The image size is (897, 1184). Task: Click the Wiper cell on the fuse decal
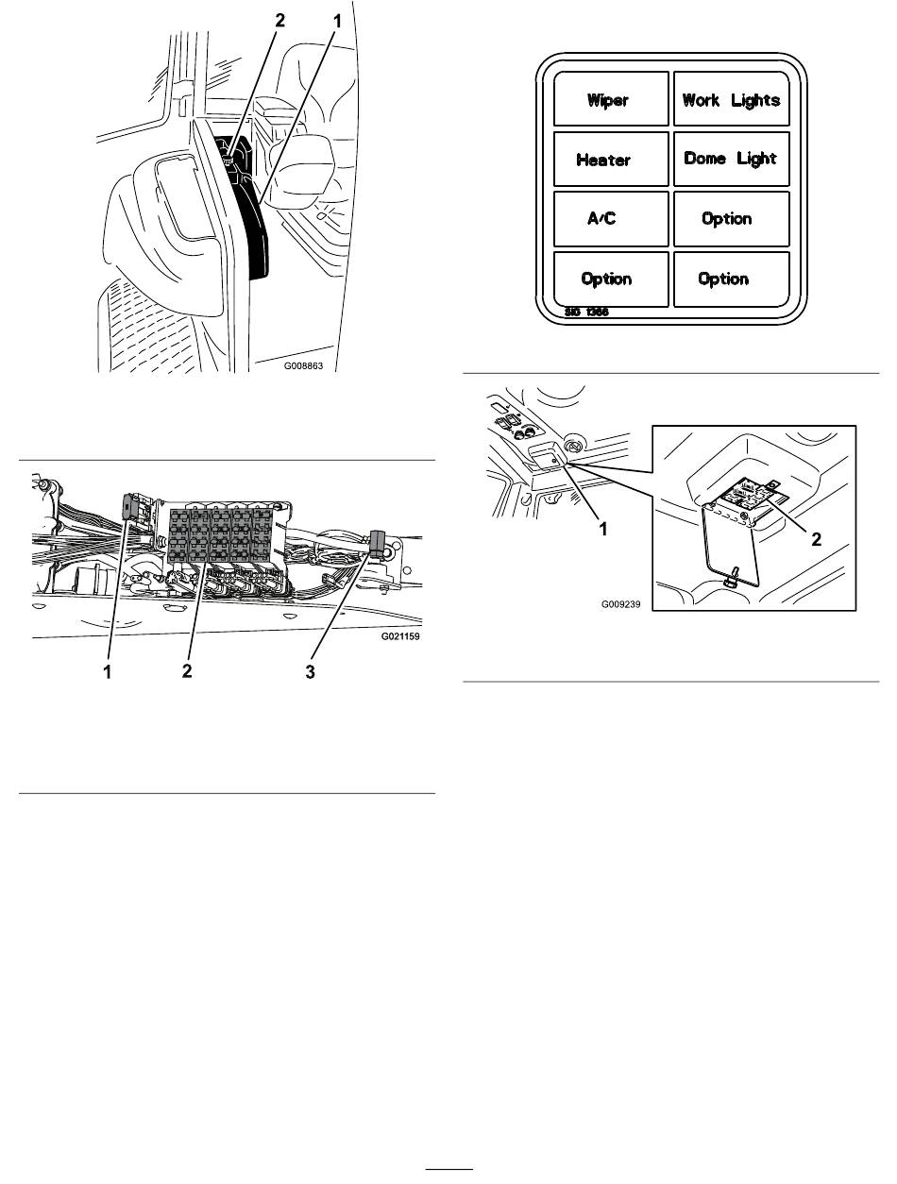click(x=608, y=99)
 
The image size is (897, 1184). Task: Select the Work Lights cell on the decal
click(x=730, y=99)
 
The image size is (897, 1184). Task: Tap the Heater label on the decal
click(x=604, y=160)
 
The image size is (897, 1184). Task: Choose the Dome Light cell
click(x=730, y=159)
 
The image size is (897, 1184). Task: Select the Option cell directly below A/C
click(x=605, y=279)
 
